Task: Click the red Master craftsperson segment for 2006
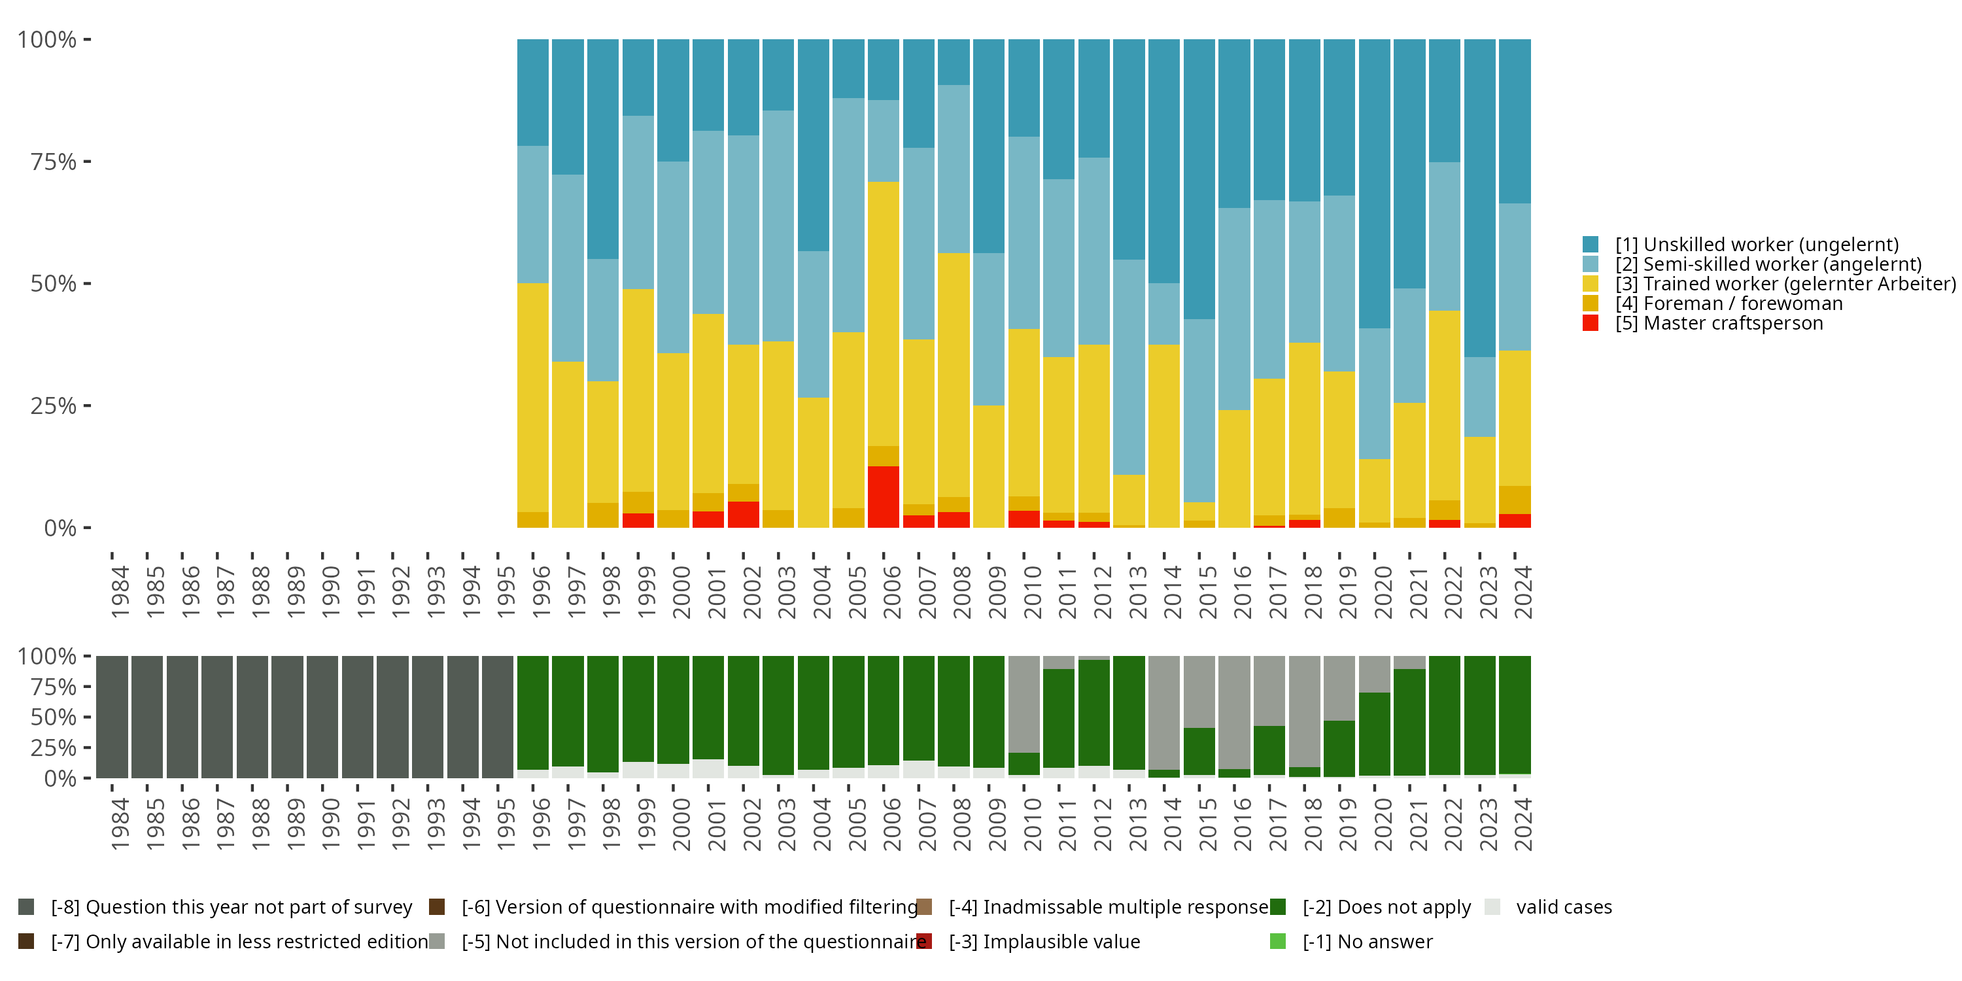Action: pyautogui.click(x=884, y=496)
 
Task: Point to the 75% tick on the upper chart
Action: pyautogui.click(x=54, y=162)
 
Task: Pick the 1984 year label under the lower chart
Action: pyautogui.click(x=120, y=824)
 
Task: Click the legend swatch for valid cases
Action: pyautogui.click(x=1493, y=907)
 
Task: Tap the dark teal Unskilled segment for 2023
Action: pyautogui.click(x=1480, y=198)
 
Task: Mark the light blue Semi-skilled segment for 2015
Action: pyautogui.click(x=1199, y=411)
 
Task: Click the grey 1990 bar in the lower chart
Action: pyautogui.click(x=323, y=717)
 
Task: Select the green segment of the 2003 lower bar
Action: pyautogui.click(x=778, y=715)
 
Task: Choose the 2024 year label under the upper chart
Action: pyautogui.click(x=1523, y=592)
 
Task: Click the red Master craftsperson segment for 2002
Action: pyautogui.click(x=744, y=514)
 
